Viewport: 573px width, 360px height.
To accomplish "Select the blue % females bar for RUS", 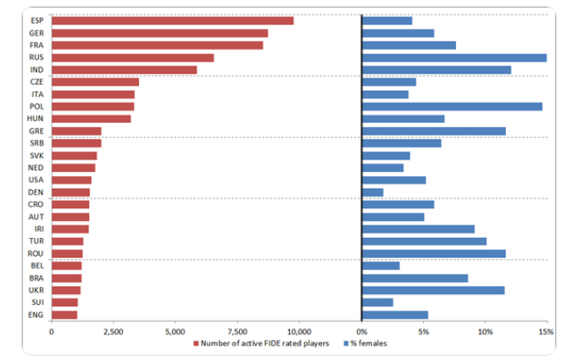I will point(453,58).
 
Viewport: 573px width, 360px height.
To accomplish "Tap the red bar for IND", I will point(124,69).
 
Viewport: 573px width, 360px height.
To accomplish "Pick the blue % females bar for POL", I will point(452,107).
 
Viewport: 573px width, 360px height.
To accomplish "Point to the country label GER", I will point(36,33).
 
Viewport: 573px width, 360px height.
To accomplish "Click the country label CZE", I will point(36,82).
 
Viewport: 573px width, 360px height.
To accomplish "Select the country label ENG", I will point(36,315).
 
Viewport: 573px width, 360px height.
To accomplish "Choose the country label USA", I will point(36,180).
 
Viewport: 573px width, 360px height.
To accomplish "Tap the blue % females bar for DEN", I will point(372,192).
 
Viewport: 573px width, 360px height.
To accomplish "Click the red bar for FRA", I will point(157,45).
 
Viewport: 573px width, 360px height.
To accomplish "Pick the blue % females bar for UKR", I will point(433,291).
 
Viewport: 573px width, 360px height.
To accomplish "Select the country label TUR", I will point(36,241).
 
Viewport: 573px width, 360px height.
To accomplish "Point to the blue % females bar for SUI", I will point(377,302).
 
